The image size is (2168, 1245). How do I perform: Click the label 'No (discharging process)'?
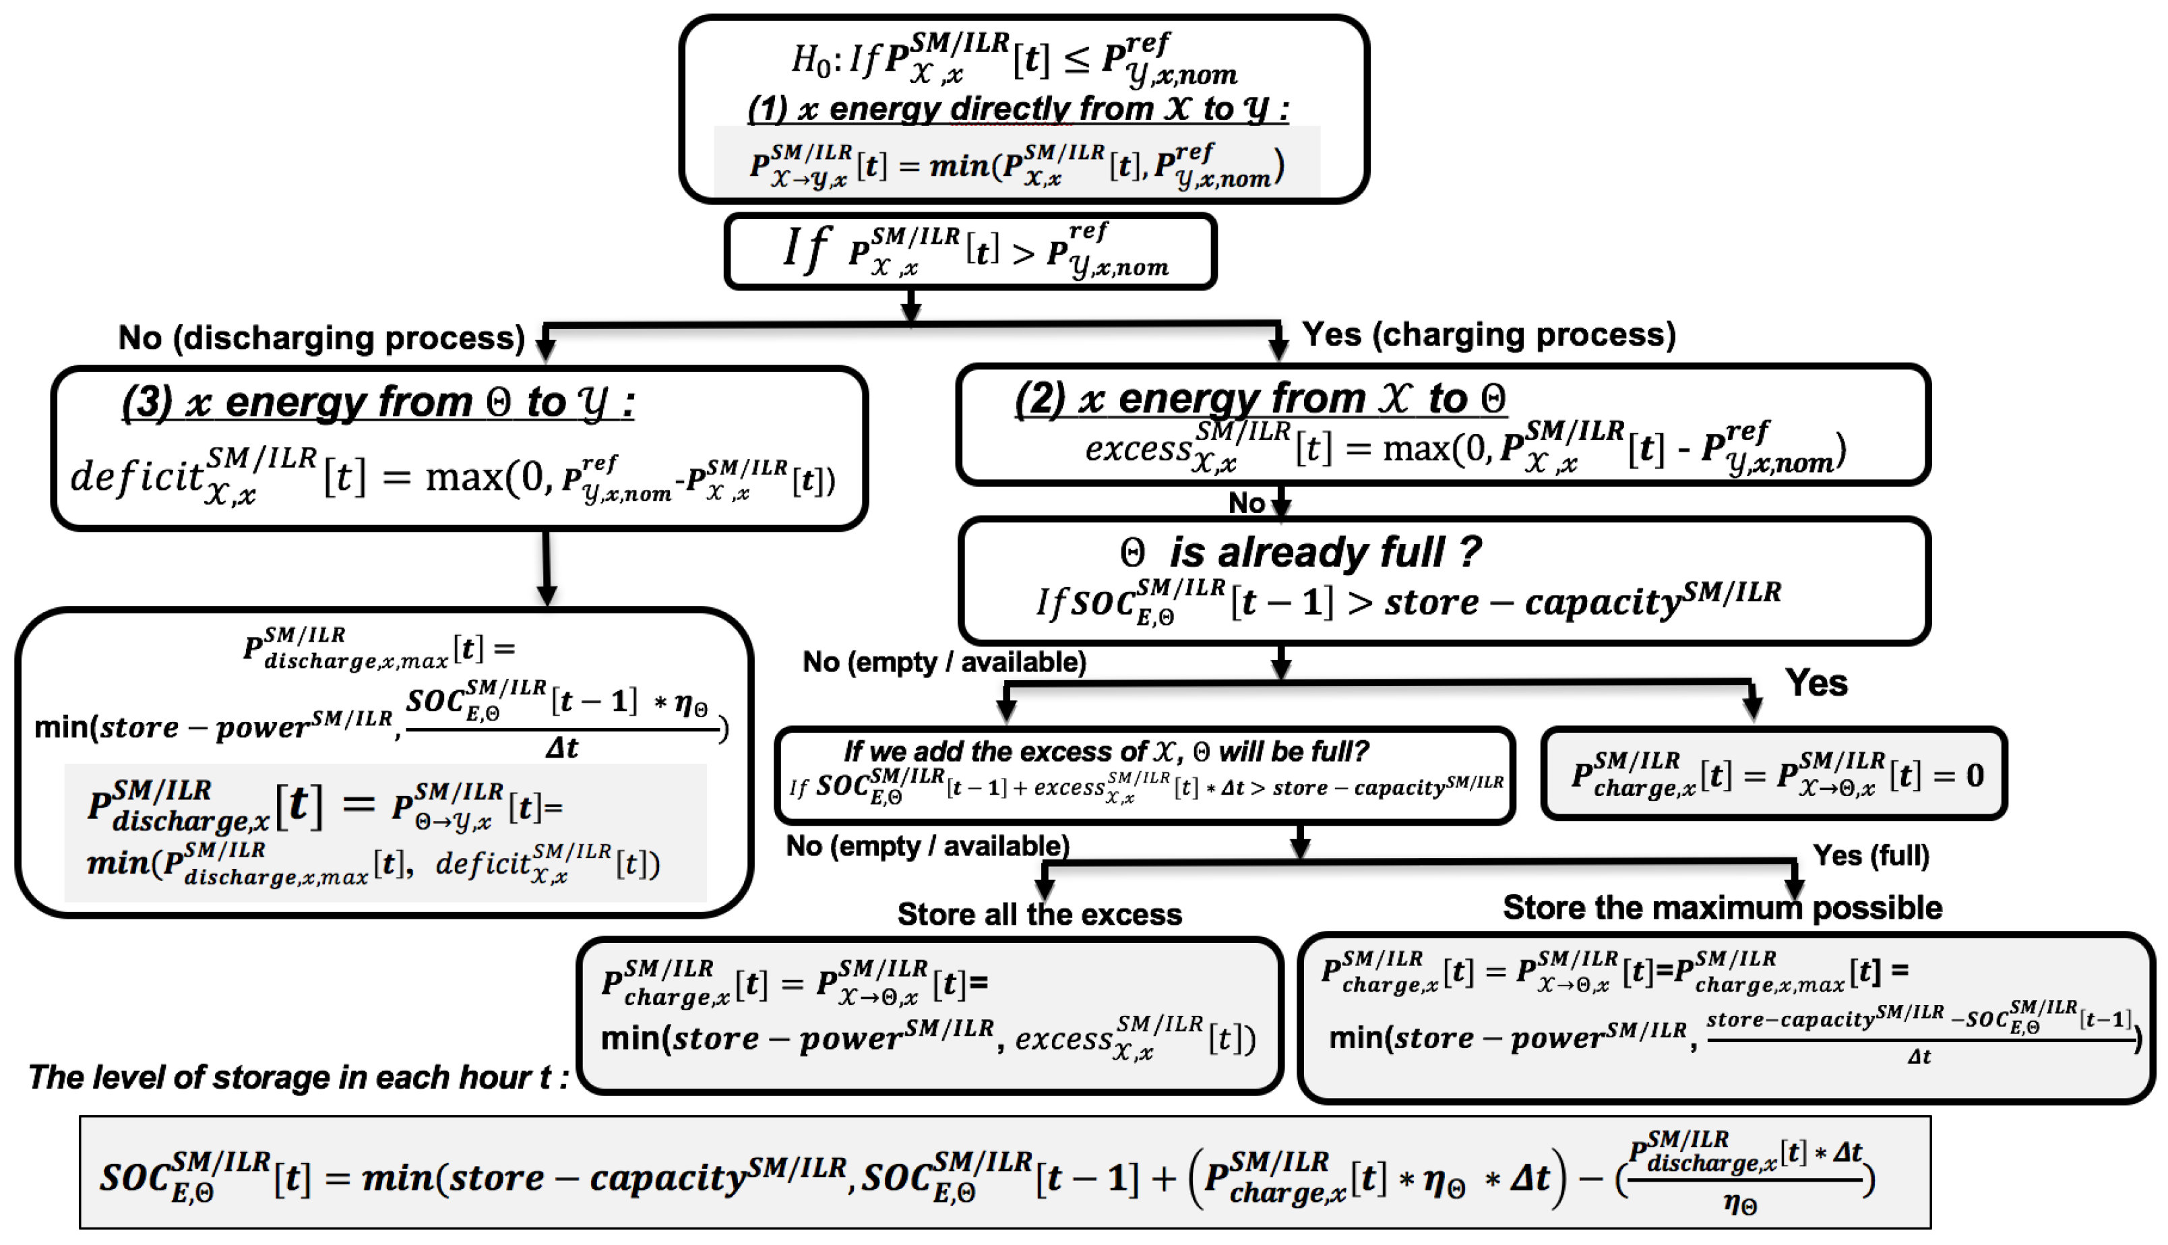pos(321,338)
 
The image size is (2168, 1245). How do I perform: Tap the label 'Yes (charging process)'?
pos(1487,334)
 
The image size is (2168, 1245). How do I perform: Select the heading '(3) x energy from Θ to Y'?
pos(377,402)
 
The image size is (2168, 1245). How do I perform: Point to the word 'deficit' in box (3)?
pos(137,477)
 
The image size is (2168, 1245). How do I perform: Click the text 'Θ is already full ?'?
pos(1299,552)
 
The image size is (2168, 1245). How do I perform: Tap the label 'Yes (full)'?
pos(1871,855)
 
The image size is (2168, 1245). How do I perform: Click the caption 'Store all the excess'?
pos(1039,914)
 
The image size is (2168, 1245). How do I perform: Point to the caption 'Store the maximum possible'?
pos(1722,907)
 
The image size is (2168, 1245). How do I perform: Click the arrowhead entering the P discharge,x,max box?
pos(547,595)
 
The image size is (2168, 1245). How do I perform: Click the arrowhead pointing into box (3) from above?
pos(545,351)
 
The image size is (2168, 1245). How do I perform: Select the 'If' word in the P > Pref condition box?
pos(805,249)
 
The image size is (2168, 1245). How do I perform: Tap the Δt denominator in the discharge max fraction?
pos(561,748)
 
